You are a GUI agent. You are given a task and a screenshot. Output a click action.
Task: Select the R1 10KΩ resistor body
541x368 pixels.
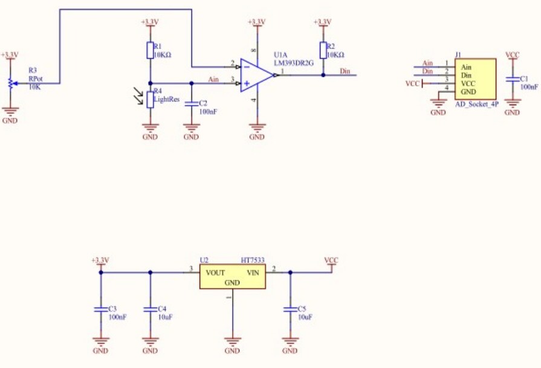coord(149,51)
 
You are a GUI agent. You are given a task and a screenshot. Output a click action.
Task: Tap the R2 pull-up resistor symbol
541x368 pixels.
coord(323,51)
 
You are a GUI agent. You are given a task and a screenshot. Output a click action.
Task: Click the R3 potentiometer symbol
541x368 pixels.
coord(10,83)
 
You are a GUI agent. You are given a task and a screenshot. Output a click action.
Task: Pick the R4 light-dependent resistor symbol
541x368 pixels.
coord(149,98)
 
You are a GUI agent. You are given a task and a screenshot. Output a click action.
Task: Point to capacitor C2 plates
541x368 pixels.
coord(191,103)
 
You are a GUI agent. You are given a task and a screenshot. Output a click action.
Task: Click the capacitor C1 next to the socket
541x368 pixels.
coord(512,79)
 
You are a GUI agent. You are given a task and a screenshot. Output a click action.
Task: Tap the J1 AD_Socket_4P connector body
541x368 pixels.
coord(475,79)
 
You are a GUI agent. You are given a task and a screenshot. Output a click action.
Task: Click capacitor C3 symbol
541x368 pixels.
coord(100,309)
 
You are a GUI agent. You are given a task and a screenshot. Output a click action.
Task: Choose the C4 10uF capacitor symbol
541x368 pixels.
coord(150,309)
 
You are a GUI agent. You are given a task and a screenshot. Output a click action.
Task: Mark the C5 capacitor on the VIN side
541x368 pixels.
coord(290,309)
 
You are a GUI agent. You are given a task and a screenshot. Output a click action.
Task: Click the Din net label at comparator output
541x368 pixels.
coord(345,71)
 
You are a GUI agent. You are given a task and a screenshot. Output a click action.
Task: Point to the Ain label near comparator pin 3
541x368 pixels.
coord(213,79)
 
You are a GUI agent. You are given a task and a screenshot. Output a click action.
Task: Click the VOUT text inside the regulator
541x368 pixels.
coord(215,273)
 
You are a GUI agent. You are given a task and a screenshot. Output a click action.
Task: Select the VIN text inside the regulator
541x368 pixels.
coord(253,273)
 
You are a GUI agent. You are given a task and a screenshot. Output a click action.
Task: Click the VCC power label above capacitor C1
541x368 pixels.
coord(512,55)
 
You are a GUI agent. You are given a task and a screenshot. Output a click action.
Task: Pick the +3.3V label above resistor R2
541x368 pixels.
coord(323,22)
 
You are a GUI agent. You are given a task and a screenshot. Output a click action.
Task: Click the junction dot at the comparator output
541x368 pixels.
coord(323,75)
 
